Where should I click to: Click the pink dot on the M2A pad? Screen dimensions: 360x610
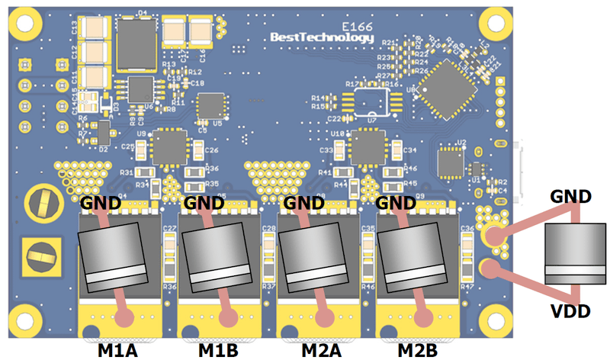pos(328,316)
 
